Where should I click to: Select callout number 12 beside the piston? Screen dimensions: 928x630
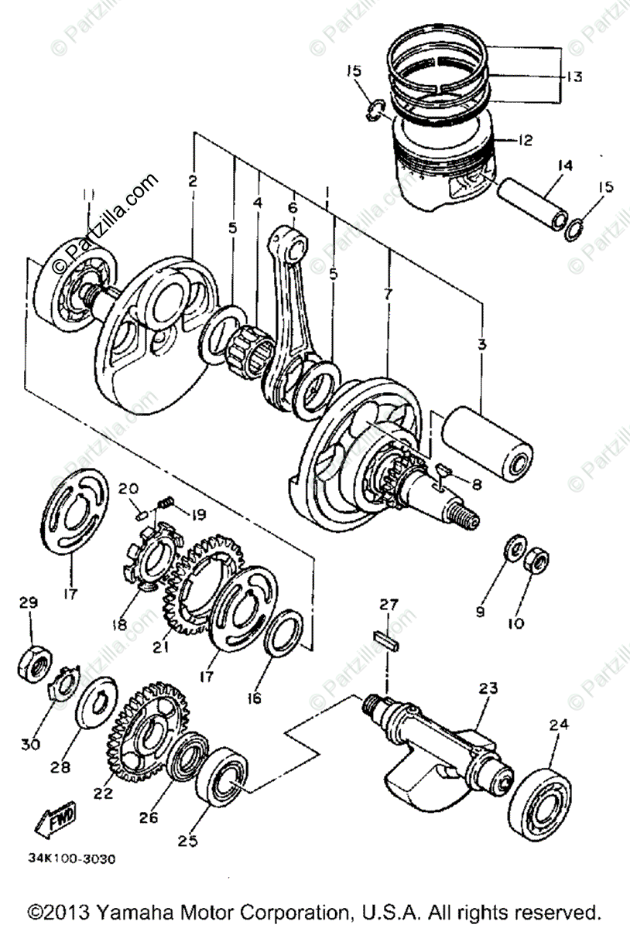tap(526, 140)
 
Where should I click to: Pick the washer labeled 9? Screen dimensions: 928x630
tap(512, 551)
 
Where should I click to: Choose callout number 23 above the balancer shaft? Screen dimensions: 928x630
tap(488, 687)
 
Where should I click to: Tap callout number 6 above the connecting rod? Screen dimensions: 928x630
tap(292, 207)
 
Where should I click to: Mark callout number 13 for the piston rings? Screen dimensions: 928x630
tap(574, 77)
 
